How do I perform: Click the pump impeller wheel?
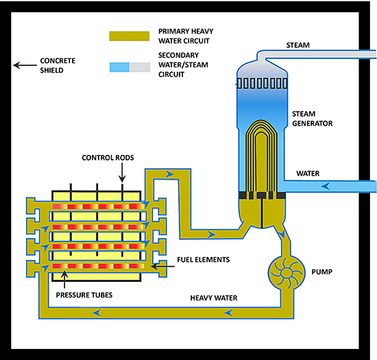click(287, 272)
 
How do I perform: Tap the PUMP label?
click(322, 272)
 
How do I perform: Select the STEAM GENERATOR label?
click(312, 119)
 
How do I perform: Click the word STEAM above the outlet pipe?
click(297, 45)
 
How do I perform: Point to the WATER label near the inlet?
click(308, 173)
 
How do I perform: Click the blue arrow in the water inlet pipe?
click(326, 186)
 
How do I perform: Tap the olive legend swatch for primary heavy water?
click(130, 36)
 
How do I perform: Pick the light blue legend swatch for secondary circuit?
click(119, 67)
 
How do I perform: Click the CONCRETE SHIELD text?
click(58, 65)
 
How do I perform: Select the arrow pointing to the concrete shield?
click(25, 65)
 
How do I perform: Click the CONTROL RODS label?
click(108, 158)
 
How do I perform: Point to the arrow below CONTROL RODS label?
click(122, 172)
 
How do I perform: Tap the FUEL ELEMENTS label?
click(203, 260)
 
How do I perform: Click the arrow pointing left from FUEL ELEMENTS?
click(162, 266)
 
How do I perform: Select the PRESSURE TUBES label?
click(84, 295)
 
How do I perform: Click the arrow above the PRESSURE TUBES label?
click(64, 280)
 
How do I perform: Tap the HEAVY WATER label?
click(214, 298)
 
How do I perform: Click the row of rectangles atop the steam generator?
click(262, 84)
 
